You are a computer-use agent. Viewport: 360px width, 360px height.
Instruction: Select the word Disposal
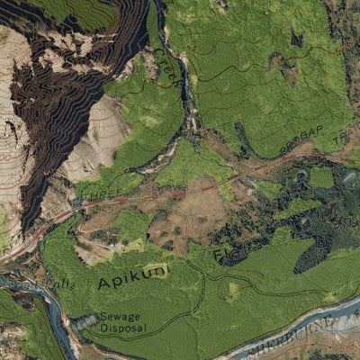point(123,328)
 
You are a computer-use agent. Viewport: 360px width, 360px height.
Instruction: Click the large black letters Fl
point(221,255)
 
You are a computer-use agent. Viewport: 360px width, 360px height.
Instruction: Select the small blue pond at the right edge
point(348,178)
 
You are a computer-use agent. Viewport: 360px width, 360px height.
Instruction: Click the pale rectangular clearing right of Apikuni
point(235,291)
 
